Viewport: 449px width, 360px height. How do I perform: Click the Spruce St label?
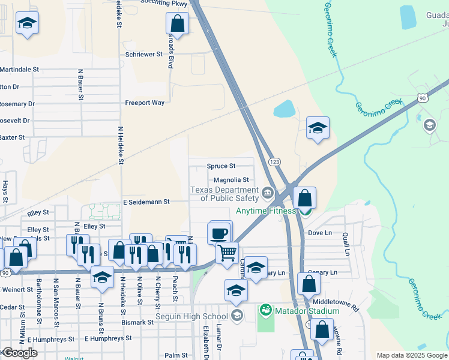(x=221, y=166)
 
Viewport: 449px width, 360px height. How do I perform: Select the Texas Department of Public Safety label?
(x=224, y=194)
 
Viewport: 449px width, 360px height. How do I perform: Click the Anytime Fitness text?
(x=265, y=211)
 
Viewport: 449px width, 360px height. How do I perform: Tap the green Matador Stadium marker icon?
(x=265, y=311)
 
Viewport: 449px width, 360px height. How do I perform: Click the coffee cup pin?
(x=219, y=232)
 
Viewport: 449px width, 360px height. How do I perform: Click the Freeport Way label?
(x=144, y=103)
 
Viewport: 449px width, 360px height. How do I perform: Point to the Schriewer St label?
(x=144, y=54)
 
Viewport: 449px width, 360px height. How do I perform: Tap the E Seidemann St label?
(x=146, y=202)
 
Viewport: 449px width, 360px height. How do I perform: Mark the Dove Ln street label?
(x=319, y=233)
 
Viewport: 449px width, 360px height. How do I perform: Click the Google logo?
(x=19, y=353)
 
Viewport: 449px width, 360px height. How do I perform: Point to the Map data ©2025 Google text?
(x=412, y=355)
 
